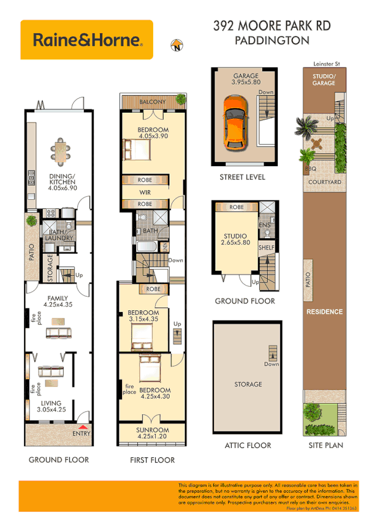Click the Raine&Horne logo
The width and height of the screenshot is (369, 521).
86,40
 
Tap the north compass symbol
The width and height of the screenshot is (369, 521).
177,45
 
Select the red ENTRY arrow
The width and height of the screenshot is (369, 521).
82,427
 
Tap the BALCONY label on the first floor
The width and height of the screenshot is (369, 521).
151,102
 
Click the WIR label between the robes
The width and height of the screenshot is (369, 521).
145,192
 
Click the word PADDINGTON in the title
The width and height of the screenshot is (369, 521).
272,41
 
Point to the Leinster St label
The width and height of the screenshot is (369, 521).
326,63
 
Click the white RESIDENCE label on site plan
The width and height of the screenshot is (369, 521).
324,311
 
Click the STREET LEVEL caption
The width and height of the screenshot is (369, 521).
243,177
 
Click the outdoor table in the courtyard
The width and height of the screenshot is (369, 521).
317,145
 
